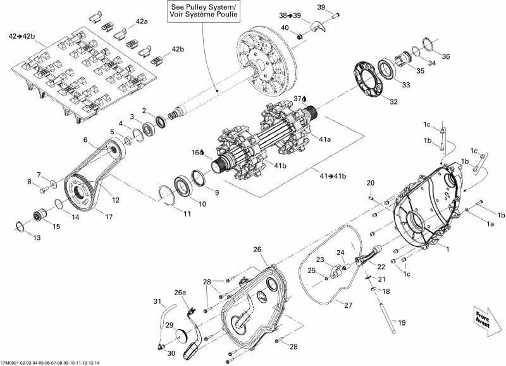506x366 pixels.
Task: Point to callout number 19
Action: (400, 322)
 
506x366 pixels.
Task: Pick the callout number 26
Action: (257, 249)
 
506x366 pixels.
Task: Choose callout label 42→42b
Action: (22, 37)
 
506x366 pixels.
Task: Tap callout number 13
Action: (36, 237)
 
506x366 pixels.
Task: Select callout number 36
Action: (446, 56)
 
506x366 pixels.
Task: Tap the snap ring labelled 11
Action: (169, 194)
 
